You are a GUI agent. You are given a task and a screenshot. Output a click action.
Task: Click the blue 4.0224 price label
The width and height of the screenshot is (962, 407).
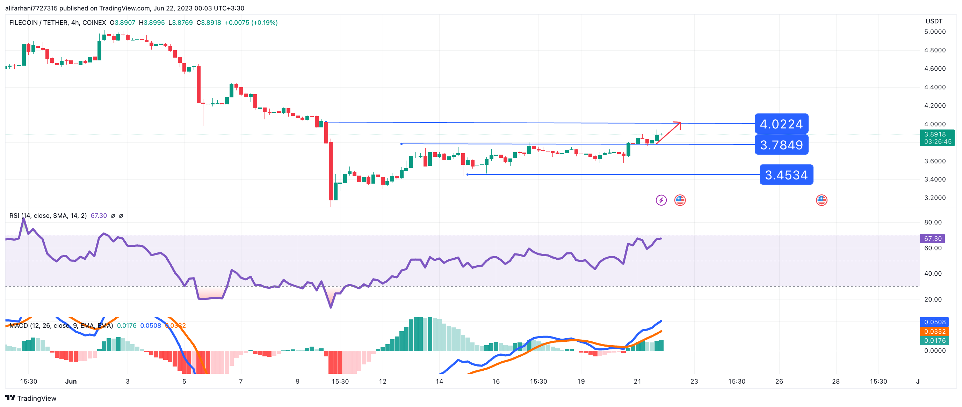coord(781,124)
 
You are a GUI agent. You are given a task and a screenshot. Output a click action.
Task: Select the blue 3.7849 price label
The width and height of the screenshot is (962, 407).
coord(781,145)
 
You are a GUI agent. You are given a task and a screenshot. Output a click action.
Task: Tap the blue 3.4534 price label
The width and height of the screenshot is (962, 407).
coord(786,175)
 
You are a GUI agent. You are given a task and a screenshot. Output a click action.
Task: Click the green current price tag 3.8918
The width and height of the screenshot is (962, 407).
coord(937,138)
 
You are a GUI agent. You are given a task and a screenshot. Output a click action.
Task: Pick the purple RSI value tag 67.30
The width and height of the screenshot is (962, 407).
coord(933,238)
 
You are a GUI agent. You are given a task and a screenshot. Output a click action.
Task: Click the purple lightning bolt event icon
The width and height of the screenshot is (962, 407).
coord(661,200)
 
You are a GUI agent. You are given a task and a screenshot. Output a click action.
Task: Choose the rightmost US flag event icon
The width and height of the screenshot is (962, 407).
coord(821,200)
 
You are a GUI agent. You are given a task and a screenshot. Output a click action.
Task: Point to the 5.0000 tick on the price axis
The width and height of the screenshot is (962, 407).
coord(935,32)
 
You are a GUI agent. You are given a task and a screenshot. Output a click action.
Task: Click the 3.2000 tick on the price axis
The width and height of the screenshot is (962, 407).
coord(935,198)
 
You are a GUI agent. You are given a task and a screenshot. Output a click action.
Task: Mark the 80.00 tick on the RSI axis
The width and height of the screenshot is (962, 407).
coord(933,222)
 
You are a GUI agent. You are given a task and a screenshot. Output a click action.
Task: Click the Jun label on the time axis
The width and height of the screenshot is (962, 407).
coord(71,381)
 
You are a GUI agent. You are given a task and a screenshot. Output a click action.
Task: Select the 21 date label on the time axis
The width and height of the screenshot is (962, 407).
coord(637,381)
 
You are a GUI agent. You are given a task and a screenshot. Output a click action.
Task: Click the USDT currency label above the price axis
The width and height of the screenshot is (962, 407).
coord(934,21)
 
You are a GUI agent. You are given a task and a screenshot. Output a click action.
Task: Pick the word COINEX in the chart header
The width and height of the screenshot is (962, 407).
coord(94,23)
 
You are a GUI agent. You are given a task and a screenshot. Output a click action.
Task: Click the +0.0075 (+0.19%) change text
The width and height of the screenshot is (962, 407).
coord(251,23)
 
